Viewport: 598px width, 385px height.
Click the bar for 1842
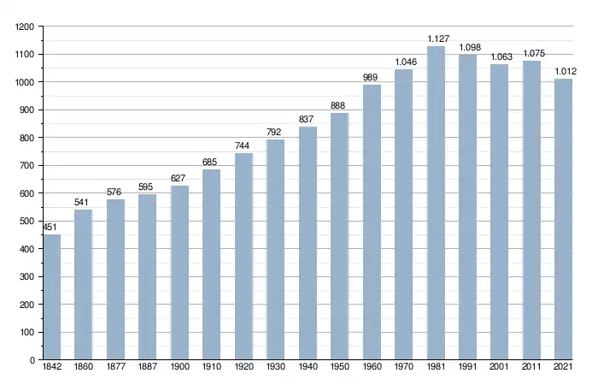coord(52,297)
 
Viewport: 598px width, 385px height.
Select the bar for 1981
coord(436,203)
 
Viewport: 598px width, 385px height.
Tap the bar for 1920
coord(243,257)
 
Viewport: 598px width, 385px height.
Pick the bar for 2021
coord(563,219)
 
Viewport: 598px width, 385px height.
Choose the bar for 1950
coord(339,236)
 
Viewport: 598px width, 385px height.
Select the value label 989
coord(371,77)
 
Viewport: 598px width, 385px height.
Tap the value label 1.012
coord(563,70)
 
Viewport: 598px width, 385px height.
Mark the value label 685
coord(211,162)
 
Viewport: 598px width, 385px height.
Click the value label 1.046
coord(403,62)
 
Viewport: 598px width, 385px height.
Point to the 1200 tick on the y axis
coord(25,27)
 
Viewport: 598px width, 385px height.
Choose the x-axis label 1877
coord(115,368)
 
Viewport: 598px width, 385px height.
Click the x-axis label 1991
coord(467,368)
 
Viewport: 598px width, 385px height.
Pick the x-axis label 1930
coord(275,368)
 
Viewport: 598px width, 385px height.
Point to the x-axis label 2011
coord(531,368)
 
